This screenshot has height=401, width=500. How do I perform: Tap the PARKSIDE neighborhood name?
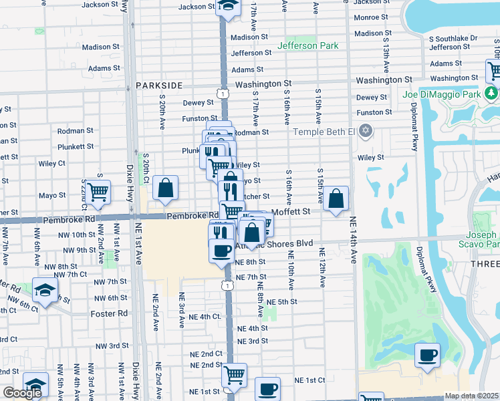[159, 86]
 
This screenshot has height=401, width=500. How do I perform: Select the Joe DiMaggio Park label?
[441, 95]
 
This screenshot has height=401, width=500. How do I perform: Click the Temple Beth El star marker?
[366, 130]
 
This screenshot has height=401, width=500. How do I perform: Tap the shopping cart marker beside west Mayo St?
[98, 192]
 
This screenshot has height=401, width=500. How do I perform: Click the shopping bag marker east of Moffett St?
[337, 198]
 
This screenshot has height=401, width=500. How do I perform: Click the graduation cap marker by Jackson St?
[228, 7]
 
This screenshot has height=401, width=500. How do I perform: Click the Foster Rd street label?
[110, 313]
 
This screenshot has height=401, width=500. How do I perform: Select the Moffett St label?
[291, 212]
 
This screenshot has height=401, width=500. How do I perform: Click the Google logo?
[22, 393]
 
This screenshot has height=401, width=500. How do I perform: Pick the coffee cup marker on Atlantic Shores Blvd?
[221, 251]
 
